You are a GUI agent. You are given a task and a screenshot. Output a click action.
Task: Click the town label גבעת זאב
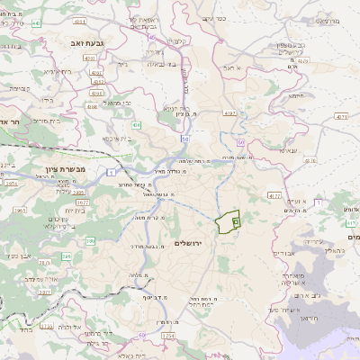coord(85,41)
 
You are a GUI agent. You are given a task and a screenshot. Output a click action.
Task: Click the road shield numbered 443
coord(36,22)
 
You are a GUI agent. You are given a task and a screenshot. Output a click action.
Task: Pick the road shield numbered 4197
coord(230,113)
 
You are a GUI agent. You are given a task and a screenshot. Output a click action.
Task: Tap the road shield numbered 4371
coord(340,116)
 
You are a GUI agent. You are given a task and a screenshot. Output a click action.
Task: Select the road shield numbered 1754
coord(166,336)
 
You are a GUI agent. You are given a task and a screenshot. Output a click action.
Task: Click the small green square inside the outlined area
coord(236,220)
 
